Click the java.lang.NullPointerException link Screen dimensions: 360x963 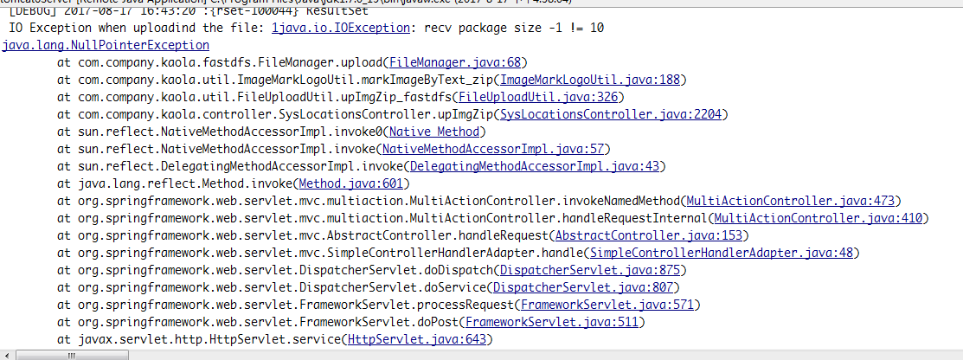(106, 45)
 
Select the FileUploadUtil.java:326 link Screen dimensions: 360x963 (538, 97)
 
